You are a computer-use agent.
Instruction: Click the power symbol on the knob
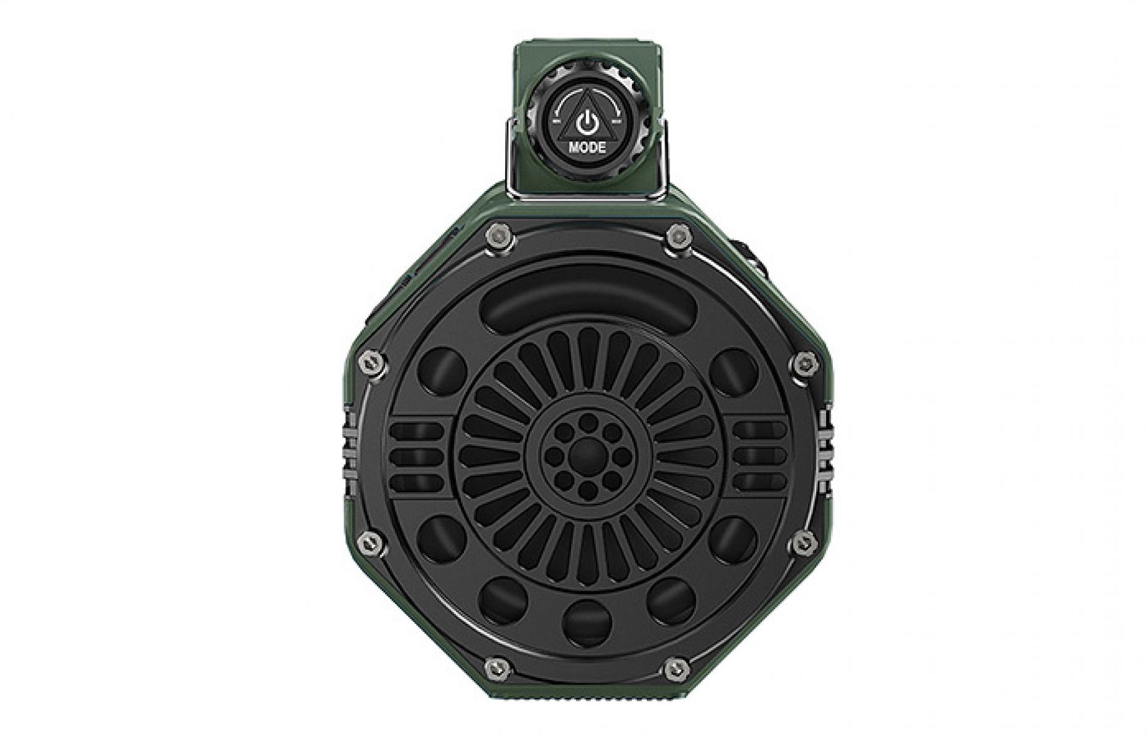click(x=587, y=123)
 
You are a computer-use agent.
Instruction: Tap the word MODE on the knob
click(x=587, y=148)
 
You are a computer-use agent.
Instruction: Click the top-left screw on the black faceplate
click(x=499, y=236)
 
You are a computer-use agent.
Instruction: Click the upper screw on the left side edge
click(x=372, y=363)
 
